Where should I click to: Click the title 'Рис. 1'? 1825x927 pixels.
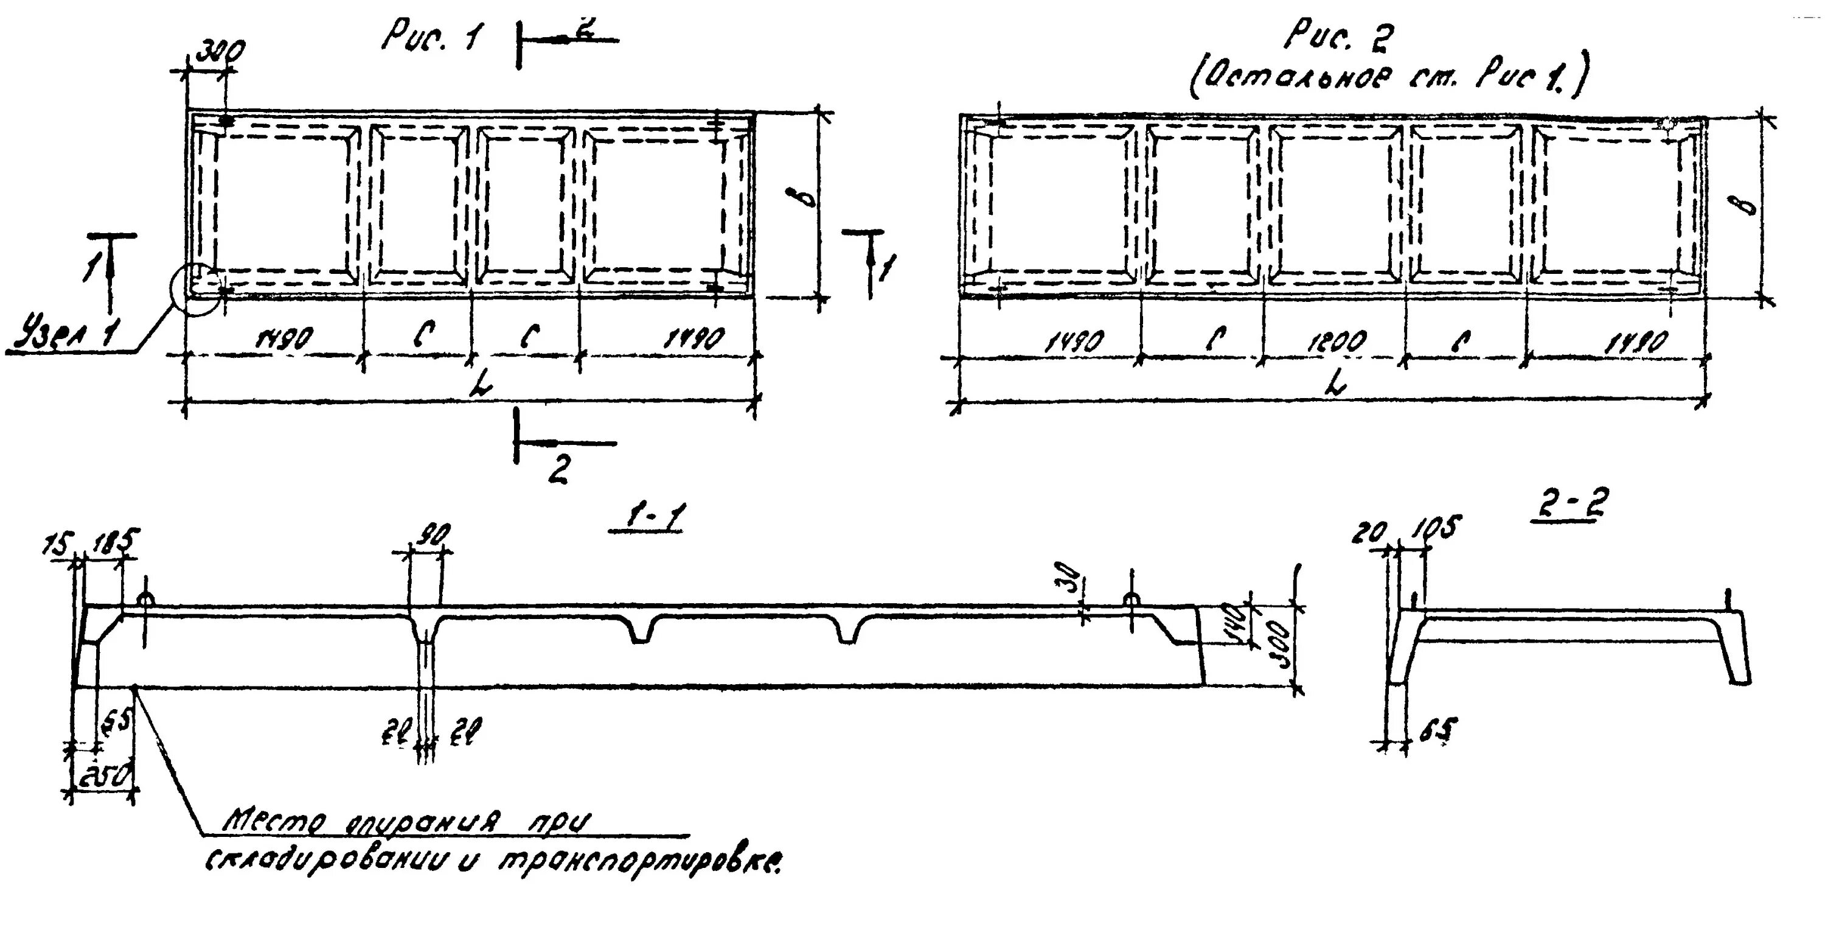(x=429, y=35)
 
